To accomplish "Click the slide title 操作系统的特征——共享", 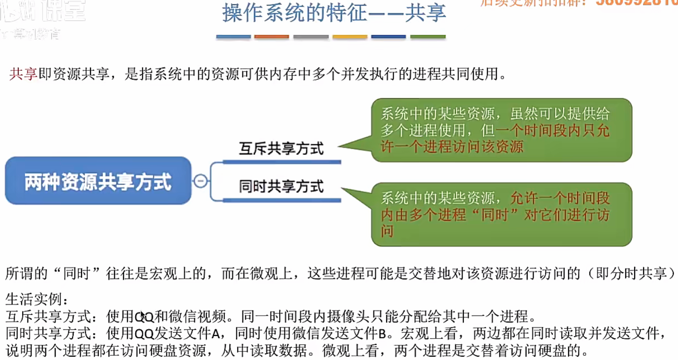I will pyautogui.click(x=334, y=13).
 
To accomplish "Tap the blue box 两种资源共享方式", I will pyautogui.click(x=98, y=181).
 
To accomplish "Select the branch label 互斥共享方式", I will pyautogui.click(x=281, y=149).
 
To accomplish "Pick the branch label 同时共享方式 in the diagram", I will pyautogui.click(x=281, y=186).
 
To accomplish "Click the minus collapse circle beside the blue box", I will pyautogui.click(x=200, y=181).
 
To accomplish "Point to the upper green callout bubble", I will pyautogui.click(x=501, y=130).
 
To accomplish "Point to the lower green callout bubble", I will pyautogui.click(x=501, y=214).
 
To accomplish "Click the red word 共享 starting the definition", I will pyautogui.click(x=23, y=74).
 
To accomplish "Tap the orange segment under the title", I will pyautogui.click(x=271, y=37).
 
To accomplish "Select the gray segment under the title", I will pyautogui.click(x=311, y=37).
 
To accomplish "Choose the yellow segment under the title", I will pyautogui.click(x=349, y=37).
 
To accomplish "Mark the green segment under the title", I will pyautogui.click(x=428, y=37).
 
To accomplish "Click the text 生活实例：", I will pyautogui.click(x=37, y=299).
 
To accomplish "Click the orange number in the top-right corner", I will pyautogui.click(x=637, y=2).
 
